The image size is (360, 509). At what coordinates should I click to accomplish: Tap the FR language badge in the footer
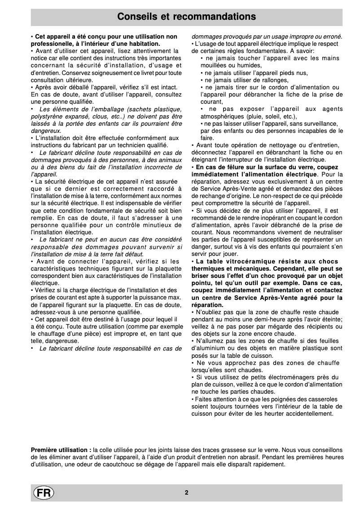43,492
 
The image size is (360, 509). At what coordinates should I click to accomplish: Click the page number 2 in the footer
186,492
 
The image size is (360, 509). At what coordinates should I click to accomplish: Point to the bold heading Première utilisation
61,450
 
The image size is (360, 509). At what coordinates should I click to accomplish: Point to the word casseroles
328,399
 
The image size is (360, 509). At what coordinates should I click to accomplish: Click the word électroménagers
290,377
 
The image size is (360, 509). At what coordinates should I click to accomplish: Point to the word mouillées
214,65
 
